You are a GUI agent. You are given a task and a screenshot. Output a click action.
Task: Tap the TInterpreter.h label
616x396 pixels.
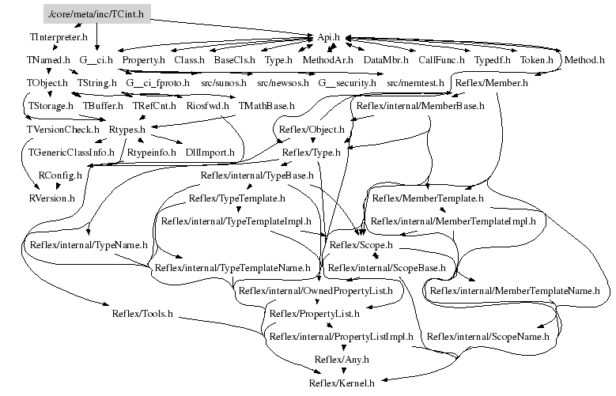point(59,36)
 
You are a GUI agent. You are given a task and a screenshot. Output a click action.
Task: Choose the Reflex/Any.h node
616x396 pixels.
point(342,360)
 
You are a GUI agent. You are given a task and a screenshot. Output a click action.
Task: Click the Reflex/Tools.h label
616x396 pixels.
point(142,313)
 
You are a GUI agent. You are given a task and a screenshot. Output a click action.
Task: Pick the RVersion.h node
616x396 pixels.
point(51,197)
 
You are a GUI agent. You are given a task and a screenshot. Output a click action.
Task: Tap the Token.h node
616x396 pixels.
point(537,59)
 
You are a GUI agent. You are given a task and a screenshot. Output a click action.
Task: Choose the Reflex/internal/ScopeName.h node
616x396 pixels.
point(488,336)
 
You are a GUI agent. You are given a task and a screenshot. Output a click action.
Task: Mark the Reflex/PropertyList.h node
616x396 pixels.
point(314,313)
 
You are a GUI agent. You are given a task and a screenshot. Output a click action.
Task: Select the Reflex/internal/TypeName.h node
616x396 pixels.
point(88,244)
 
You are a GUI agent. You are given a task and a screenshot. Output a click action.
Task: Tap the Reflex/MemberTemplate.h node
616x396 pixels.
point(427,198)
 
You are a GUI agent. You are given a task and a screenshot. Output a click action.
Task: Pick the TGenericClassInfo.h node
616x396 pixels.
point(71,151)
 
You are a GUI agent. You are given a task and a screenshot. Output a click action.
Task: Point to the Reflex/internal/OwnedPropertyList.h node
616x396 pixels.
point(321,290)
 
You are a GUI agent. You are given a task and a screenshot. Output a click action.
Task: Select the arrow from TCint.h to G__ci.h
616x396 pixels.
point(96,36)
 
